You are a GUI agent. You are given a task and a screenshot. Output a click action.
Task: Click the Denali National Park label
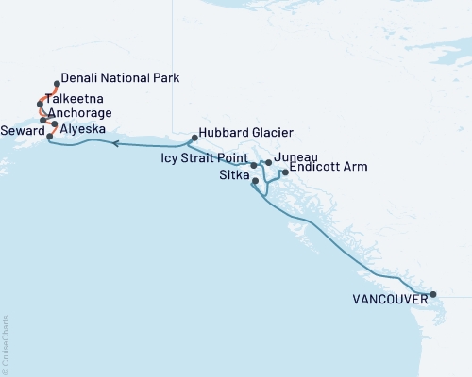coord(119,77)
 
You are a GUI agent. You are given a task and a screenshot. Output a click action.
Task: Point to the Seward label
coord(23,129)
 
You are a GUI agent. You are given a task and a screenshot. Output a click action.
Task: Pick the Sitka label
coord(233,174)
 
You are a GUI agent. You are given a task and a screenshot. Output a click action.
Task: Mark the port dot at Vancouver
coord(433,295)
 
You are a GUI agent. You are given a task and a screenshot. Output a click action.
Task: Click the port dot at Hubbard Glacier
coord(194,139)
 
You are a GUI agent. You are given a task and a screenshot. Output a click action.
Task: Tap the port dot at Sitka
coord(256,180)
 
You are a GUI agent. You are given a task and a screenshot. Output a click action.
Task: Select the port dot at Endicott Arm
coord(285,172)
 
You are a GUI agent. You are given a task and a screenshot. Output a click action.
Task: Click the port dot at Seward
coord(49,137)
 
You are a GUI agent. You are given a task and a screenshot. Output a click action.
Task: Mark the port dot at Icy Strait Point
coord(253,165)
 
